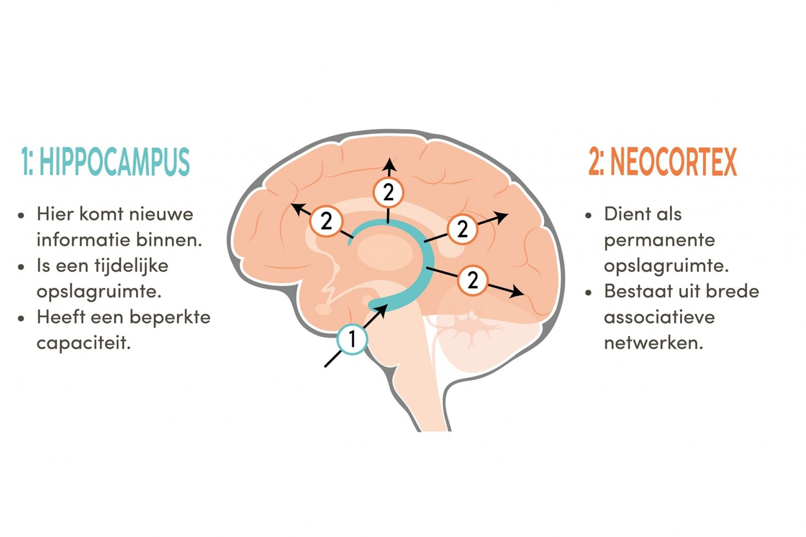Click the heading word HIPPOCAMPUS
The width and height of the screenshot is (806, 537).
point(114,162)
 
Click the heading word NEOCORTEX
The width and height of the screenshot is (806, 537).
point(673,162)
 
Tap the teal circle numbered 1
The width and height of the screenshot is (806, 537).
point(352,339)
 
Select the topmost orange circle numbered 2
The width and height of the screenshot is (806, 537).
point(388,193)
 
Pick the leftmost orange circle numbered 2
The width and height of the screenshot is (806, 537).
point(326,221)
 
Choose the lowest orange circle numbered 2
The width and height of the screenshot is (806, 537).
point(473,280)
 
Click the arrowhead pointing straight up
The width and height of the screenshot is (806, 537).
point(389,165)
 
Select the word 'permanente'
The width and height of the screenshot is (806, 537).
point(659,240)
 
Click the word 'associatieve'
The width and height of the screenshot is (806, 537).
point(659,318)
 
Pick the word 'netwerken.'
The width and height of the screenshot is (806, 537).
point(653,343)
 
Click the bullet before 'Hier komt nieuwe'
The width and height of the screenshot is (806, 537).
point(21,215)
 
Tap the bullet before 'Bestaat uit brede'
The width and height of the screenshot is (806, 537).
point(589,293)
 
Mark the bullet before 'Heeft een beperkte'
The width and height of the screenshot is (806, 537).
point(21,318)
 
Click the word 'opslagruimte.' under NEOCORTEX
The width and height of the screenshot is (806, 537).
point(666,266)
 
